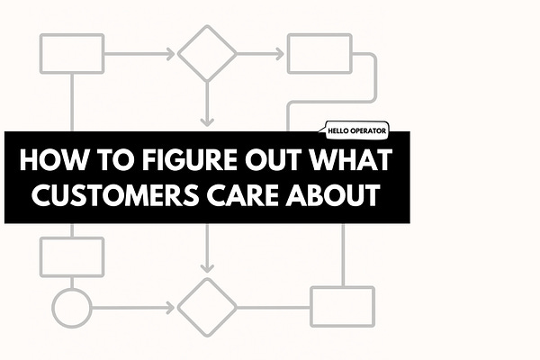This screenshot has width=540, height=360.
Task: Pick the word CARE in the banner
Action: coord(240,195)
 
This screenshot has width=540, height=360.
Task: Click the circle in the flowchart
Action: coord(71,308)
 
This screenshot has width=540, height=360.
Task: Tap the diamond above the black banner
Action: coord(207,52)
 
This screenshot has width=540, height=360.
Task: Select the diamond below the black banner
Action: coord(207,308)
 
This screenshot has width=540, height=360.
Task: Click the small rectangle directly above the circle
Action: coord(73,256)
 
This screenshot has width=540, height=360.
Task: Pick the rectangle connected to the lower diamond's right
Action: coord(342,307)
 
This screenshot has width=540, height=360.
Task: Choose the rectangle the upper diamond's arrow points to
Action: coord(319,53)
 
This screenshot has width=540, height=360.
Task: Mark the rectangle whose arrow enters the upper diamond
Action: coord(73,53)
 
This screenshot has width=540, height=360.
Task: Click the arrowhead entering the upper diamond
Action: coord(170,53)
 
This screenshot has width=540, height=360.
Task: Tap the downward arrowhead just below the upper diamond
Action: coord(207,119)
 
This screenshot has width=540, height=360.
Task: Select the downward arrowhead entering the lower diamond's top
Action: coord(207,267)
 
